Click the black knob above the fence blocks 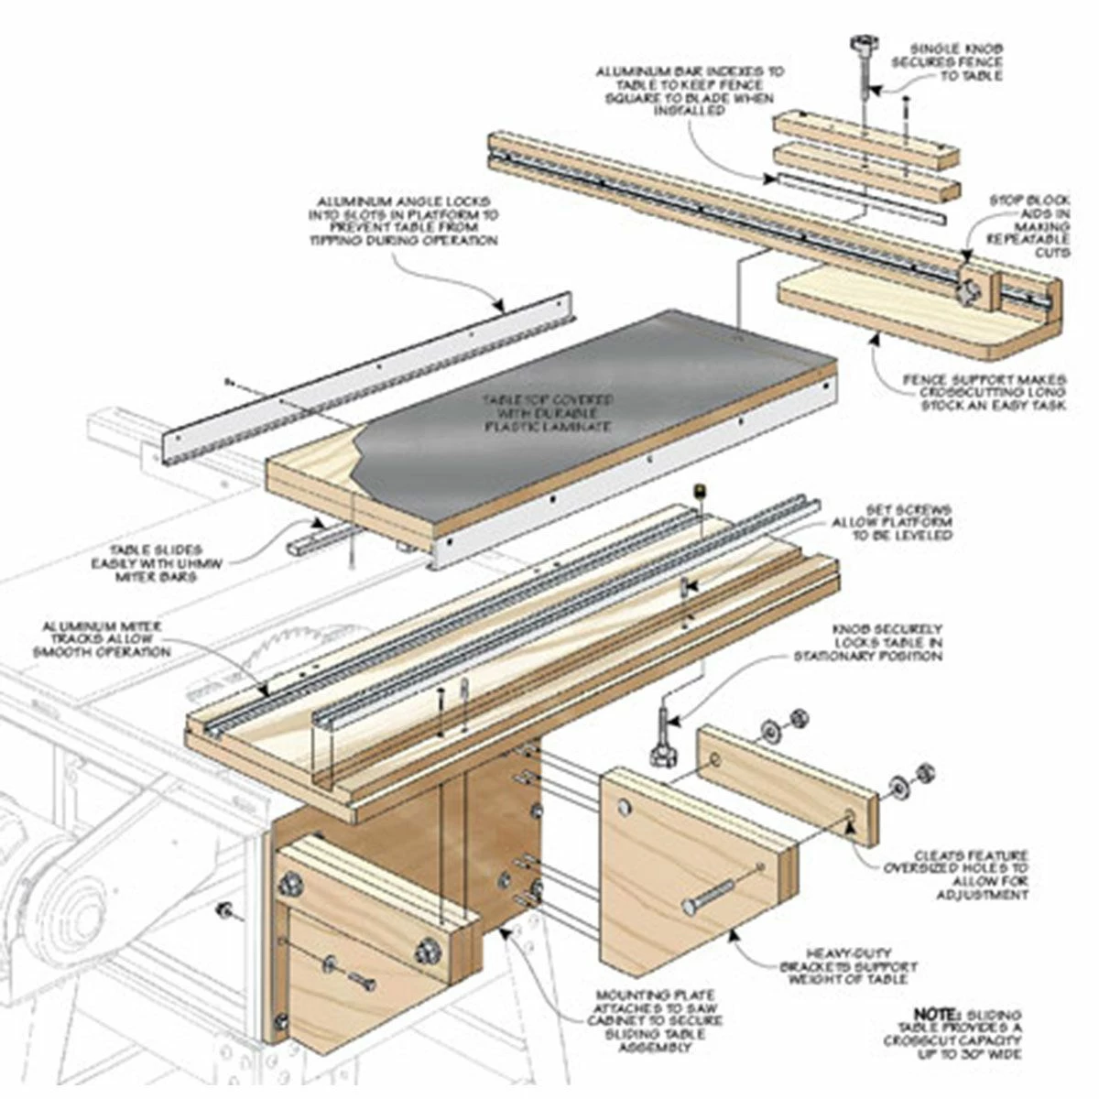[862, 42]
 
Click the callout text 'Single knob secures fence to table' [955, 62]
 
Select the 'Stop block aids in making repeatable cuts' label [1028, 225]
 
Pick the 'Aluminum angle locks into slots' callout [403, 221]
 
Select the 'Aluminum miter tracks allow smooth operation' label [101, 638]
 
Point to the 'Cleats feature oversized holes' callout [956, 875]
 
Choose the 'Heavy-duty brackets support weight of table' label [848, 966]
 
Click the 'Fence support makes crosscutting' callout [985, 392]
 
